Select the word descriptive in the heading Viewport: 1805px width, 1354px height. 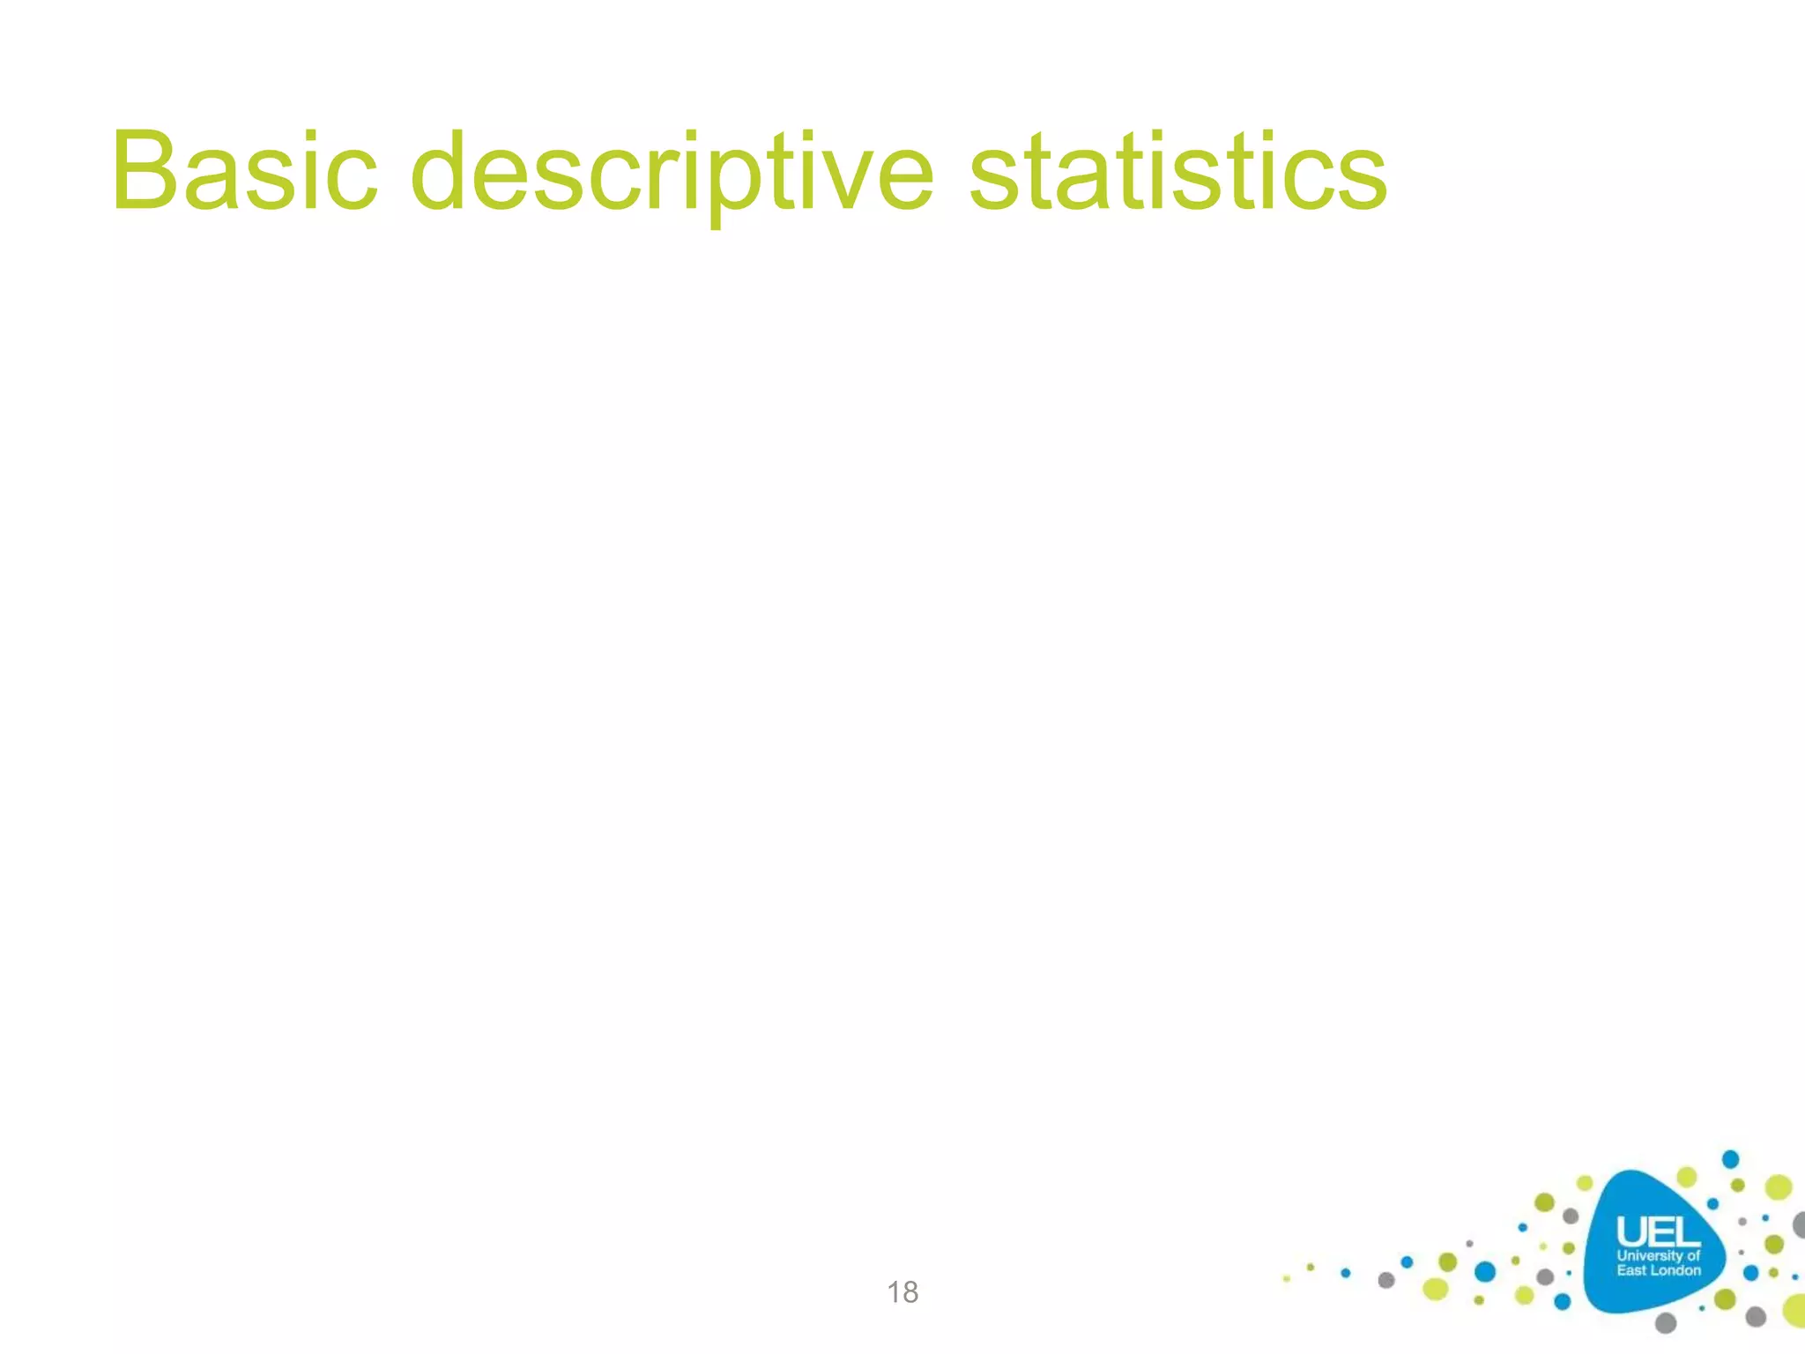click(x=672, y=173)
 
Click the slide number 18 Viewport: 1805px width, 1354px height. click(x=902, y=1292)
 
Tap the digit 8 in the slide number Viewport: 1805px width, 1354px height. click(x=910, y=1292)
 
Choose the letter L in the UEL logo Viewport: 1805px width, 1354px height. click(x=1685, y=1231)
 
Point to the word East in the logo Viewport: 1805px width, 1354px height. click(x=1631, y=1270)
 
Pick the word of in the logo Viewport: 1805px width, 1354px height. click(x=1693, y=1255)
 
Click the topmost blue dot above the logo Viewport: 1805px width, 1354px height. click(x=1731, y=1158)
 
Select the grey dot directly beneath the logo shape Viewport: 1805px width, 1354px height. click(x=1665, y=1322)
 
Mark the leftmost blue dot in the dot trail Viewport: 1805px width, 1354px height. click(x=1345, y=1272)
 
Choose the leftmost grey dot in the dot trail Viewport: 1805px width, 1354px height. click(x=1386, y=1280)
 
